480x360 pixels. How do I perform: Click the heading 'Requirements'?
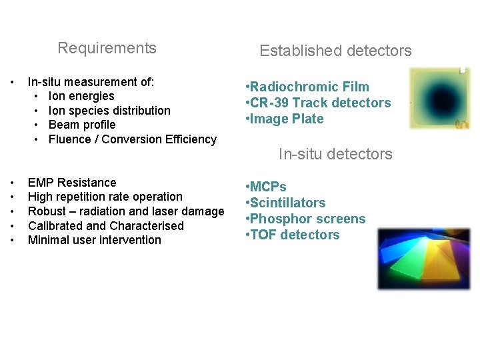(107, 48)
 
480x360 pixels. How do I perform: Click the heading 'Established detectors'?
(335, 51)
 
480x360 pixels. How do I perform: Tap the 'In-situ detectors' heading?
(335, 154)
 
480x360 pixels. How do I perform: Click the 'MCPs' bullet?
(267, 187)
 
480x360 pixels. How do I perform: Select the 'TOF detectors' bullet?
(294, 235)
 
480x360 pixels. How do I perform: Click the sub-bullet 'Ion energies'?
(81, 96)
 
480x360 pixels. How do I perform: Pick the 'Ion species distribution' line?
(109, 111)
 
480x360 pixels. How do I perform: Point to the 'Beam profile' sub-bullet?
(82, 125)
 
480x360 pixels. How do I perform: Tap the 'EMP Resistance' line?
(72, 183)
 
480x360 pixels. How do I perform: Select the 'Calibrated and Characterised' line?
(105, 226)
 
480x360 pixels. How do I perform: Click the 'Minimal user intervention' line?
(95, 240)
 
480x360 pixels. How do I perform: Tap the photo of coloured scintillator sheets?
(423, 259)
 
